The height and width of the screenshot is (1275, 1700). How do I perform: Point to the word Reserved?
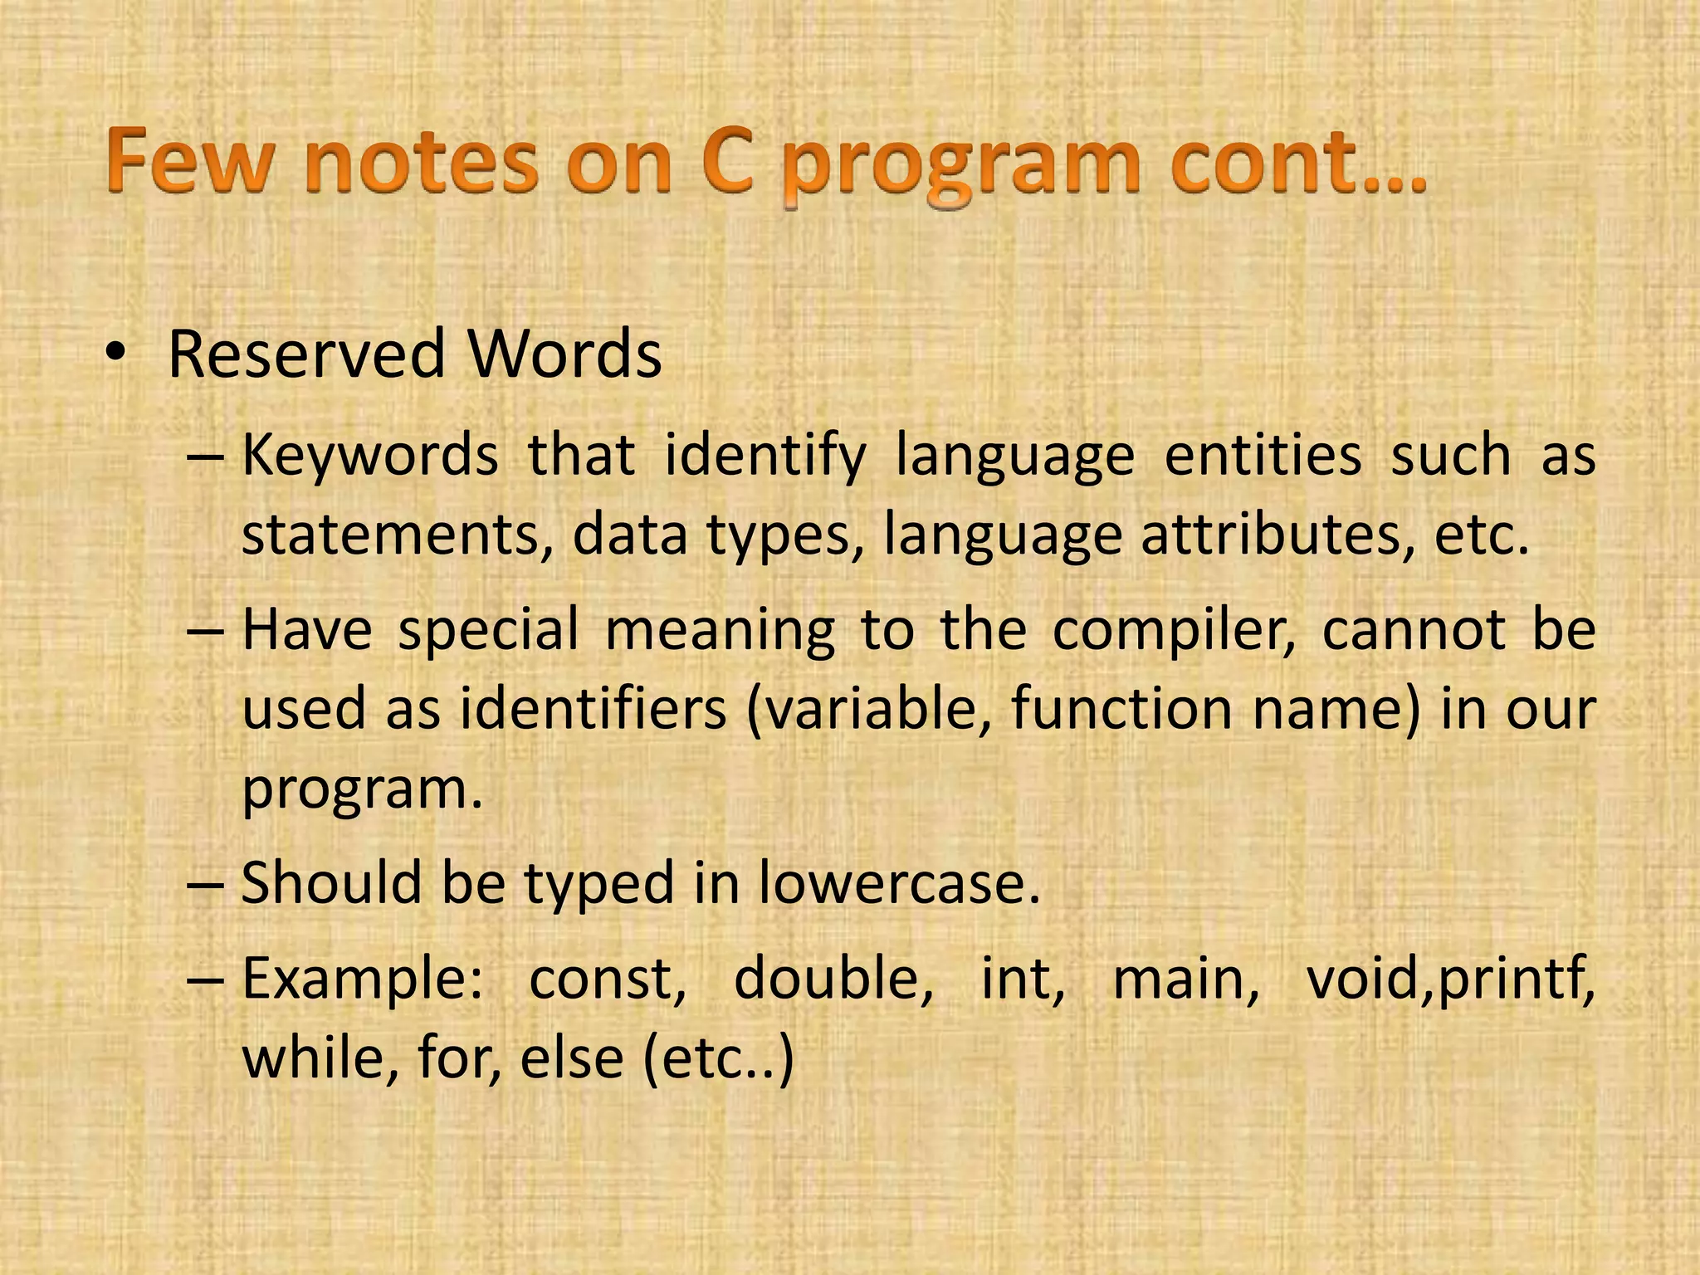306,355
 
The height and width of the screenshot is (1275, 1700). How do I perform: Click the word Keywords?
370,456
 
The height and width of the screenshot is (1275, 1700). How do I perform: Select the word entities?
1263,456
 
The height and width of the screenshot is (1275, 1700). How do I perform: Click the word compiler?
1174,629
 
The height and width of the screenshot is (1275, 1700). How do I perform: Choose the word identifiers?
593,709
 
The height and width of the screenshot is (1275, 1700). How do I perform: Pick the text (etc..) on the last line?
718,1059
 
